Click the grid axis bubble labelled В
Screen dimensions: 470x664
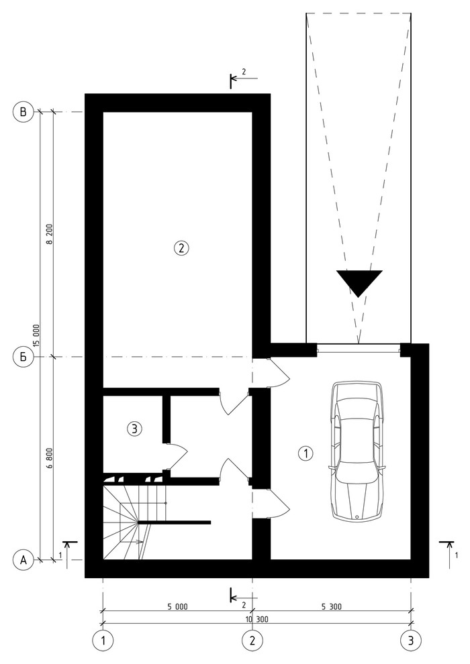click(x=23, y=112)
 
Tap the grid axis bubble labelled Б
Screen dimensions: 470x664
click(x=23, y=357)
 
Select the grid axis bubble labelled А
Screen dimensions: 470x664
click(x=23, y=560)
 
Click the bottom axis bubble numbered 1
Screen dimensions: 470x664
click(x=103, y=641)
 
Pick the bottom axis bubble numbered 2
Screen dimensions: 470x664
click(x=252, y=641)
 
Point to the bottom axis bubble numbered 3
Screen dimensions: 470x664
click(x=411, y=641)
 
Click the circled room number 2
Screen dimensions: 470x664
click(x=181, y=247)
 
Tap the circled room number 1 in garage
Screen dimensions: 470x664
click(x=305, y=453)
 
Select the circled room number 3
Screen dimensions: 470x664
click(x=134, y=429)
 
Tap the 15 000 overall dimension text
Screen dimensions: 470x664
click(x=36, y=335)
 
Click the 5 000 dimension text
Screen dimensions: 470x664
click(x=177, y=607)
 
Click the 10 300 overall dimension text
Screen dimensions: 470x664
click(x=256, y=620)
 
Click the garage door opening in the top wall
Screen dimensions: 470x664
click(x=359, y=349)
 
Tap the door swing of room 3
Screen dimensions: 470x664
click(x=177, y=457)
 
